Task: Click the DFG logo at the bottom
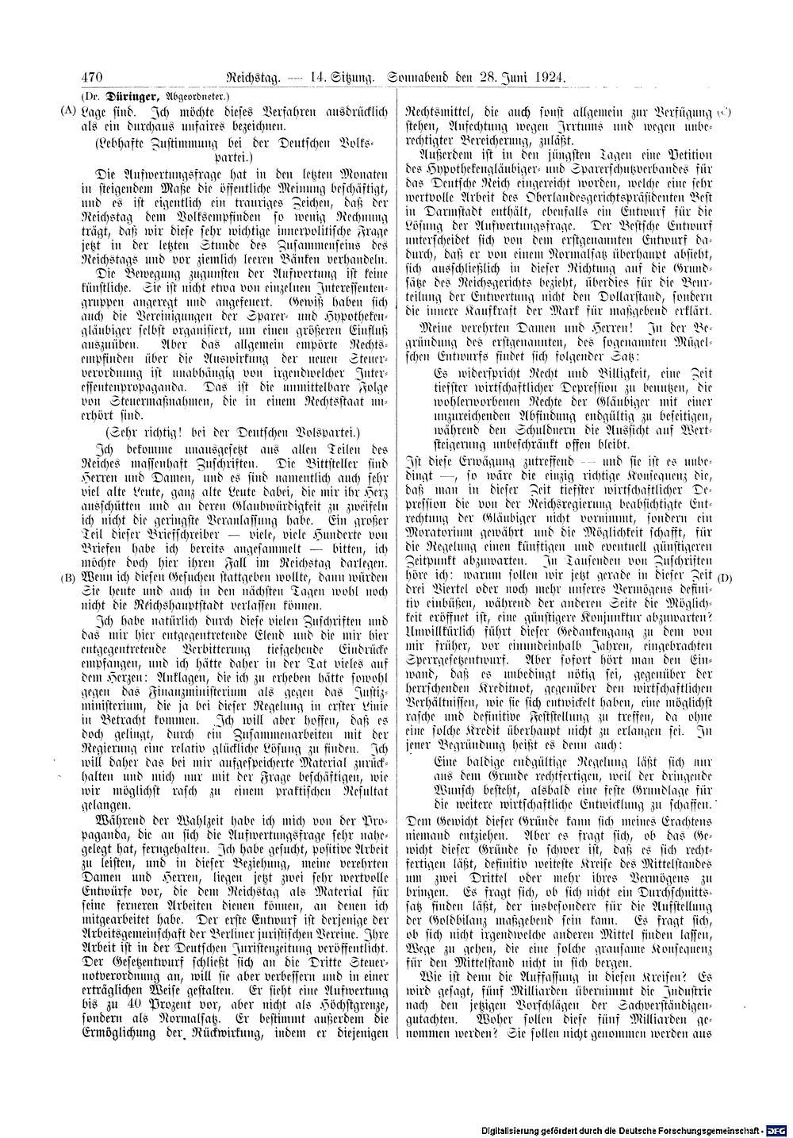pyautogui.click(x=776, y=1130)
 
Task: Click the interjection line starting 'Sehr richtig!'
pyautogui.click(x=228, y=433)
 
